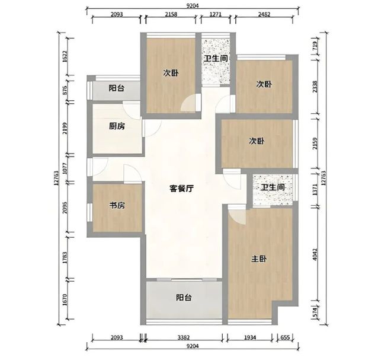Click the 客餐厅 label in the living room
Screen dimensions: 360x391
point(182,189)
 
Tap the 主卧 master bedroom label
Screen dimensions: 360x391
point(259,259)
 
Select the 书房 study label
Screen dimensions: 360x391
point(116,206)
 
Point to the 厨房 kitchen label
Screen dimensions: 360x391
point(117,126)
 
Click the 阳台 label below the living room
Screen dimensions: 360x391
point(183,298)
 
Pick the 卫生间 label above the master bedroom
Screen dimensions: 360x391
point(273,187)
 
